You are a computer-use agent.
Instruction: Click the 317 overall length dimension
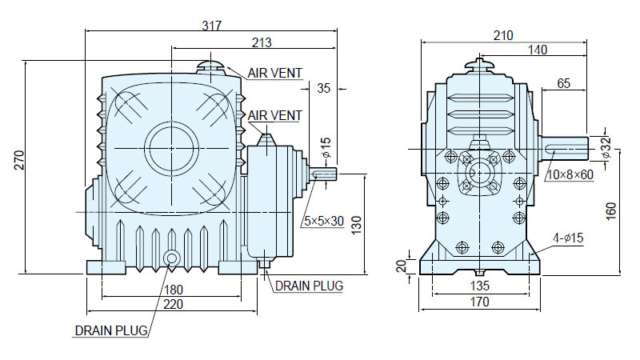click(x=211, y=26)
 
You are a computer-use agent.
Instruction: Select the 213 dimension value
click(x=262, y=42)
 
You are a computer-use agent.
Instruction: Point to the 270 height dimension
click(x=19, y=161)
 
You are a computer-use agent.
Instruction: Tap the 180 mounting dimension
click(x=173, y=290)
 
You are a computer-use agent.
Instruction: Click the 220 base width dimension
click(x=173, y=305)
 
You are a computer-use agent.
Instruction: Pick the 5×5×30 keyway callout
click(x=324, y=222)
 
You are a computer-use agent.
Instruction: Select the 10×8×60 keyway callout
click(x=570, y=174)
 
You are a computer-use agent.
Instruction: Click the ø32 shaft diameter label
click(x=606, y=147)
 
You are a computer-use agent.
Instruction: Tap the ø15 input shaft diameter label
click(x=326, y=148)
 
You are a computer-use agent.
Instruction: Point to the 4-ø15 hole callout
click(x=568, y=238)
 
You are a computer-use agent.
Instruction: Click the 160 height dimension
click(x=610, y=211)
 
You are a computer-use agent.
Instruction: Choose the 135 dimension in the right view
click(x=479, y=286)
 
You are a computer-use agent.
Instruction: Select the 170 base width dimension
click(x=479, y=302)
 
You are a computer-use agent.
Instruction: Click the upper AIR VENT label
click(x=274, y=73)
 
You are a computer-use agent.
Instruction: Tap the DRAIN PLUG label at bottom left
click(x=111, y=330)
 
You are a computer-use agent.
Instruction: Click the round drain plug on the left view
click(x=171, y=258)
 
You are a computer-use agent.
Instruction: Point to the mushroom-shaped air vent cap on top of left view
click(x=210, y=67)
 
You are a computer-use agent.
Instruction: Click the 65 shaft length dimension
click(x=563, y=83)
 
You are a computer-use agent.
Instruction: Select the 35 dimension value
click(x=323, y=88)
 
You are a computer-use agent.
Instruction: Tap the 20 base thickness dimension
click(x=402, y=266)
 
